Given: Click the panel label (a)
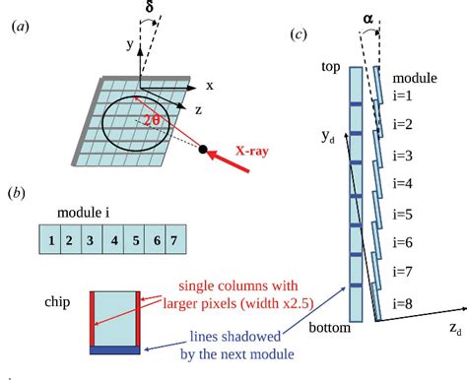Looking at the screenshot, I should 20,29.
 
